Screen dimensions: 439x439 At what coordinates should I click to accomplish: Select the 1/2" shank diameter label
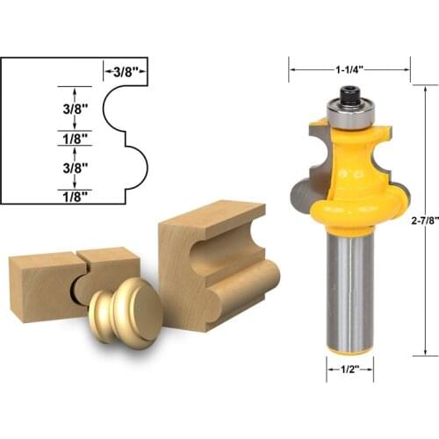[349, 371]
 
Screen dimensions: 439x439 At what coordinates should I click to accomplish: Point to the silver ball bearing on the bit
[349, 108]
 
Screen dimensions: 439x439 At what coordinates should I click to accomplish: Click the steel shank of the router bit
[349, 281]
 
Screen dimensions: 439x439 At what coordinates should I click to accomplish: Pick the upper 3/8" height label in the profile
[75, 111]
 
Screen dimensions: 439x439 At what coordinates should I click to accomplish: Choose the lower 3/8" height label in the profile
[75, 165]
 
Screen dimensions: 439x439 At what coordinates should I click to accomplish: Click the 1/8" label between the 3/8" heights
[75, 138]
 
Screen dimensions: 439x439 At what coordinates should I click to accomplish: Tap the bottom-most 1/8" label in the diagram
[75, 196]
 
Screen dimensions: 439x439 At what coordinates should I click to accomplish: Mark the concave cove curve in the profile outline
[109, 112]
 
